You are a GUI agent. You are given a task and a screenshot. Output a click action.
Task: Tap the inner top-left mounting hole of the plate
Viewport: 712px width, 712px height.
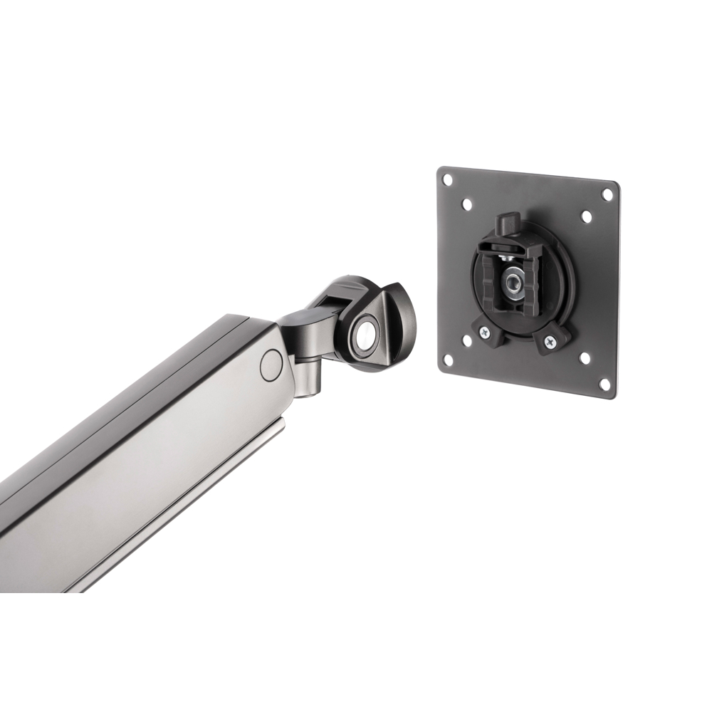tap(467, 204)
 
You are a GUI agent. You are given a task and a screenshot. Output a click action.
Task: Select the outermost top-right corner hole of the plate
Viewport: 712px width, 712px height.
tap(607, 194)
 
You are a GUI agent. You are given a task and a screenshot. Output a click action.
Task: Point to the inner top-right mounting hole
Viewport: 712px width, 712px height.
tap(585, 216)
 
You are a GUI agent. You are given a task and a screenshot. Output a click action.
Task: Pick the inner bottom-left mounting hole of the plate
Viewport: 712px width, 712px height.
tap(466, 340)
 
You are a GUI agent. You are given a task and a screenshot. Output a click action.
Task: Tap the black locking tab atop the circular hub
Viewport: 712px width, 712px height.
tap(508, 222)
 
